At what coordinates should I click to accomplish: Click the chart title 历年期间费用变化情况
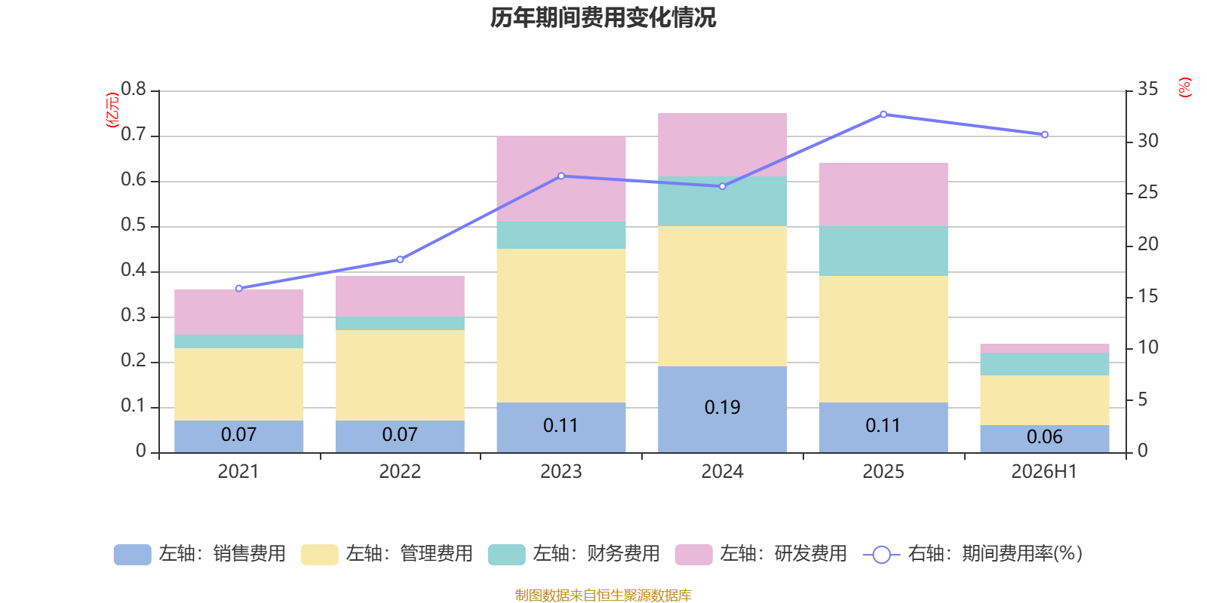point(603,18)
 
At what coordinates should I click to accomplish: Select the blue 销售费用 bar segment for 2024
point(722,409)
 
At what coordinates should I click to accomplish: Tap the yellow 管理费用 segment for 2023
point(561,326)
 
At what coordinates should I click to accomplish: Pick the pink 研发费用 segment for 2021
point(238,312)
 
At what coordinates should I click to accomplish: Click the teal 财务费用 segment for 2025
point(883,251)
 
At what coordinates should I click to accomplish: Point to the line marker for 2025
point(883,115)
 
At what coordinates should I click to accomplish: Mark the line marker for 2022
point(400,259)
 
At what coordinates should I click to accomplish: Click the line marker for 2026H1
point(1044,135)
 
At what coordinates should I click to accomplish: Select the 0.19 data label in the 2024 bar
point(722,408)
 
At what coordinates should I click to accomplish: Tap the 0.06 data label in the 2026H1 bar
point(1044,436)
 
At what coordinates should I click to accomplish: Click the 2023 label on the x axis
point(561,472)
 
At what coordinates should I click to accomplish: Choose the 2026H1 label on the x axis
point(1044,472)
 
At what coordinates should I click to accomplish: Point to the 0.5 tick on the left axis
point(134,225)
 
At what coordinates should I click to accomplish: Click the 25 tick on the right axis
point(1147,192)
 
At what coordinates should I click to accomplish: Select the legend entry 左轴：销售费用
point(200,554)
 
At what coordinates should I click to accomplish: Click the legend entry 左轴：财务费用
point(574,554)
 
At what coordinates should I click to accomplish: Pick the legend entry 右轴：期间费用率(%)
point(972,554)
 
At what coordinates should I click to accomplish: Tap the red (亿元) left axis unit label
point(112,110)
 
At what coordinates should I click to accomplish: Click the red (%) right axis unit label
point(1184,87)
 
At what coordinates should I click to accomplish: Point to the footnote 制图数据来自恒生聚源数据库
point(603,595)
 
